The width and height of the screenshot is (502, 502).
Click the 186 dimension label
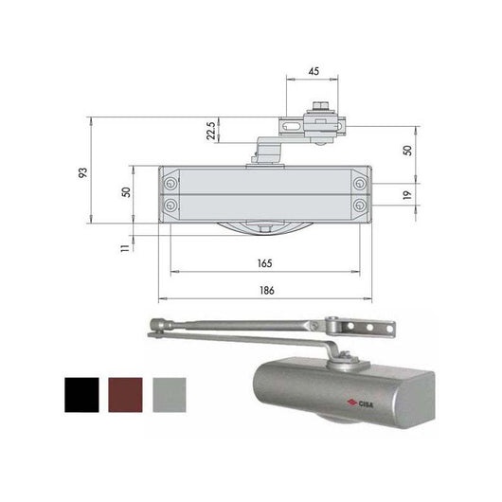point(267,291)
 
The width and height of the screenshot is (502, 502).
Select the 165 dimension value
point(265,263)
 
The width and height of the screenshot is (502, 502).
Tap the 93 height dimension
point(83,173)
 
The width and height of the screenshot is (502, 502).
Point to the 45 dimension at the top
point(314,71)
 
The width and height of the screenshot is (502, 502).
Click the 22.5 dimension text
point(210,131)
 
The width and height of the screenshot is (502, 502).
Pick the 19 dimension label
point(407,195)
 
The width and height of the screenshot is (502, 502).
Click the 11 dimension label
point(125,248)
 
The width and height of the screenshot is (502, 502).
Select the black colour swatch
point(81,395)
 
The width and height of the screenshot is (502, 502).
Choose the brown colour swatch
point(125,395)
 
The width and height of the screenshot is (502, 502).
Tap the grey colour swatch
point(170,395)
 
